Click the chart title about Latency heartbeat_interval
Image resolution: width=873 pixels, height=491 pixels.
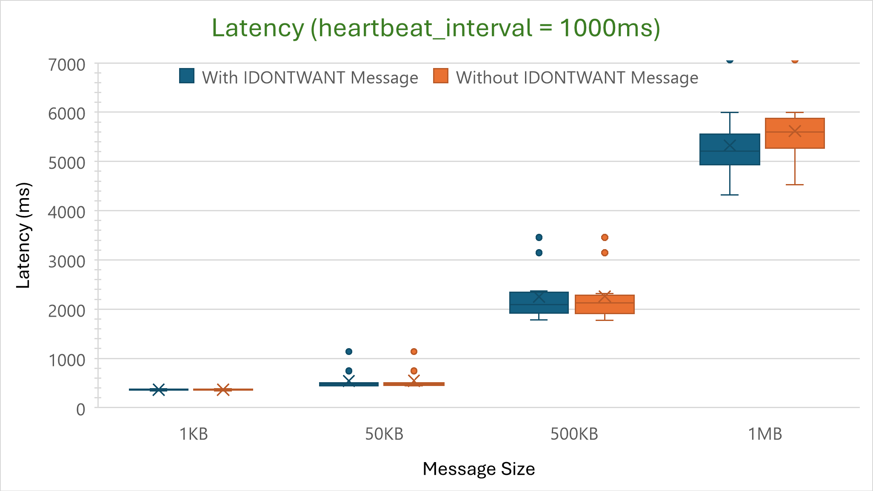(x=436, y=28)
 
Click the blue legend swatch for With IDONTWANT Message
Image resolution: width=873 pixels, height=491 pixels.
(x=187, y=76)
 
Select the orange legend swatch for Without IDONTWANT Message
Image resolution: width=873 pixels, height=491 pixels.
(x=441, y=76)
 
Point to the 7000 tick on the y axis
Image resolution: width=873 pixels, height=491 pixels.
(x=67, y=65)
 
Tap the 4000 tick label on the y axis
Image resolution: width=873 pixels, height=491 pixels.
(x=67, y=212)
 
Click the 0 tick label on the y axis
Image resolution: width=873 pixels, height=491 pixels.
(x=80, y=409)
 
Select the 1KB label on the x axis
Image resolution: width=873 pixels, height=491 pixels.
(x=194, y=434)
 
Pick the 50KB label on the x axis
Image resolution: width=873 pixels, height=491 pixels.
(x=384, y=434)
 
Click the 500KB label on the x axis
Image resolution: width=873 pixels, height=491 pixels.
(x=574, y=434)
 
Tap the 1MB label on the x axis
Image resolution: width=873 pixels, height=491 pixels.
(x=765, y=434)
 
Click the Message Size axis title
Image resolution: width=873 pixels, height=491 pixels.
(x=479, y=469)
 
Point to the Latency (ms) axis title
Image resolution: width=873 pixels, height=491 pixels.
(x=23, y=236)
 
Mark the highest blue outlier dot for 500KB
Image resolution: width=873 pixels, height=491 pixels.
(x=539, y=237)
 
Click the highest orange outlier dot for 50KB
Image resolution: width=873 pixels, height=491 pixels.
(x=414, y=352)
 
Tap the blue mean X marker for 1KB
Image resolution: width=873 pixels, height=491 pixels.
(x=159, y=389)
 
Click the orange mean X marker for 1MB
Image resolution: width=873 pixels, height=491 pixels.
(x=795, y=131)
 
